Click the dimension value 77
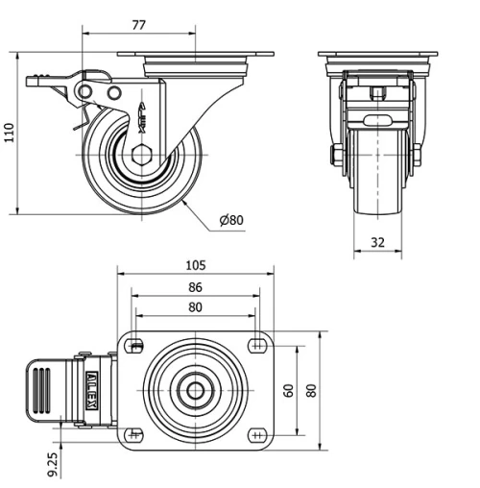138,26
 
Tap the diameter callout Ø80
231,220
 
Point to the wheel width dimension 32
377,243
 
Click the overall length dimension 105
196,264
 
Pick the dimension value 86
195,287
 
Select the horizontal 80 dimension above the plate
195,307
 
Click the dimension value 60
288,391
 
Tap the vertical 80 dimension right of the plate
310,391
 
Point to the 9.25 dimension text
52,464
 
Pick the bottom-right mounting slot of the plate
255,435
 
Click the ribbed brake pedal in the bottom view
44,391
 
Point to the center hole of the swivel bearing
196,391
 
